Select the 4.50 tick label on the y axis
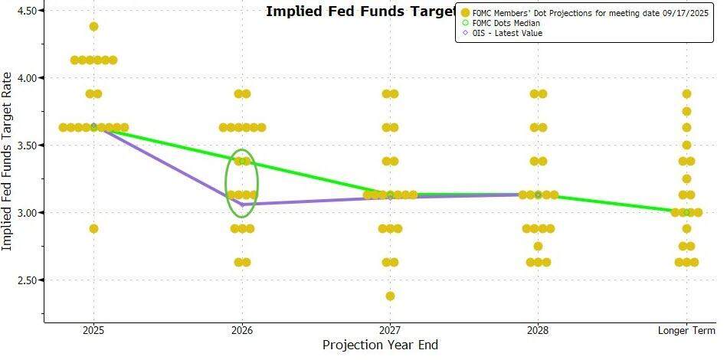(x=27, y=11)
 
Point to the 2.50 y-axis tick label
(x=27, y=280)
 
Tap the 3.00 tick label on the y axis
(x=27, y=213)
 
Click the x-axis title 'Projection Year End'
(x=380, y=345)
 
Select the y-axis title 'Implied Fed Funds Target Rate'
(x=8, y=161)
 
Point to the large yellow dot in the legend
(x=465, y=13)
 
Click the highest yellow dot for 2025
(x=94, y=26)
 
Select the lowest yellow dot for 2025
(x=94, y=228)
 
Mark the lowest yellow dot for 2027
(x=390, y=296)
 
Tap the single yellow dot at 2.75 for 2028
(x=538, y=246)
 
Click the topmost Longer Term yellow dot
(x=686, y=93)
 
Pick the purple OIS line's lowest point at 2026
(x=243, y=205)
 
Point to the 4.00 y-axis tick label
(x=27, y=78)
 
